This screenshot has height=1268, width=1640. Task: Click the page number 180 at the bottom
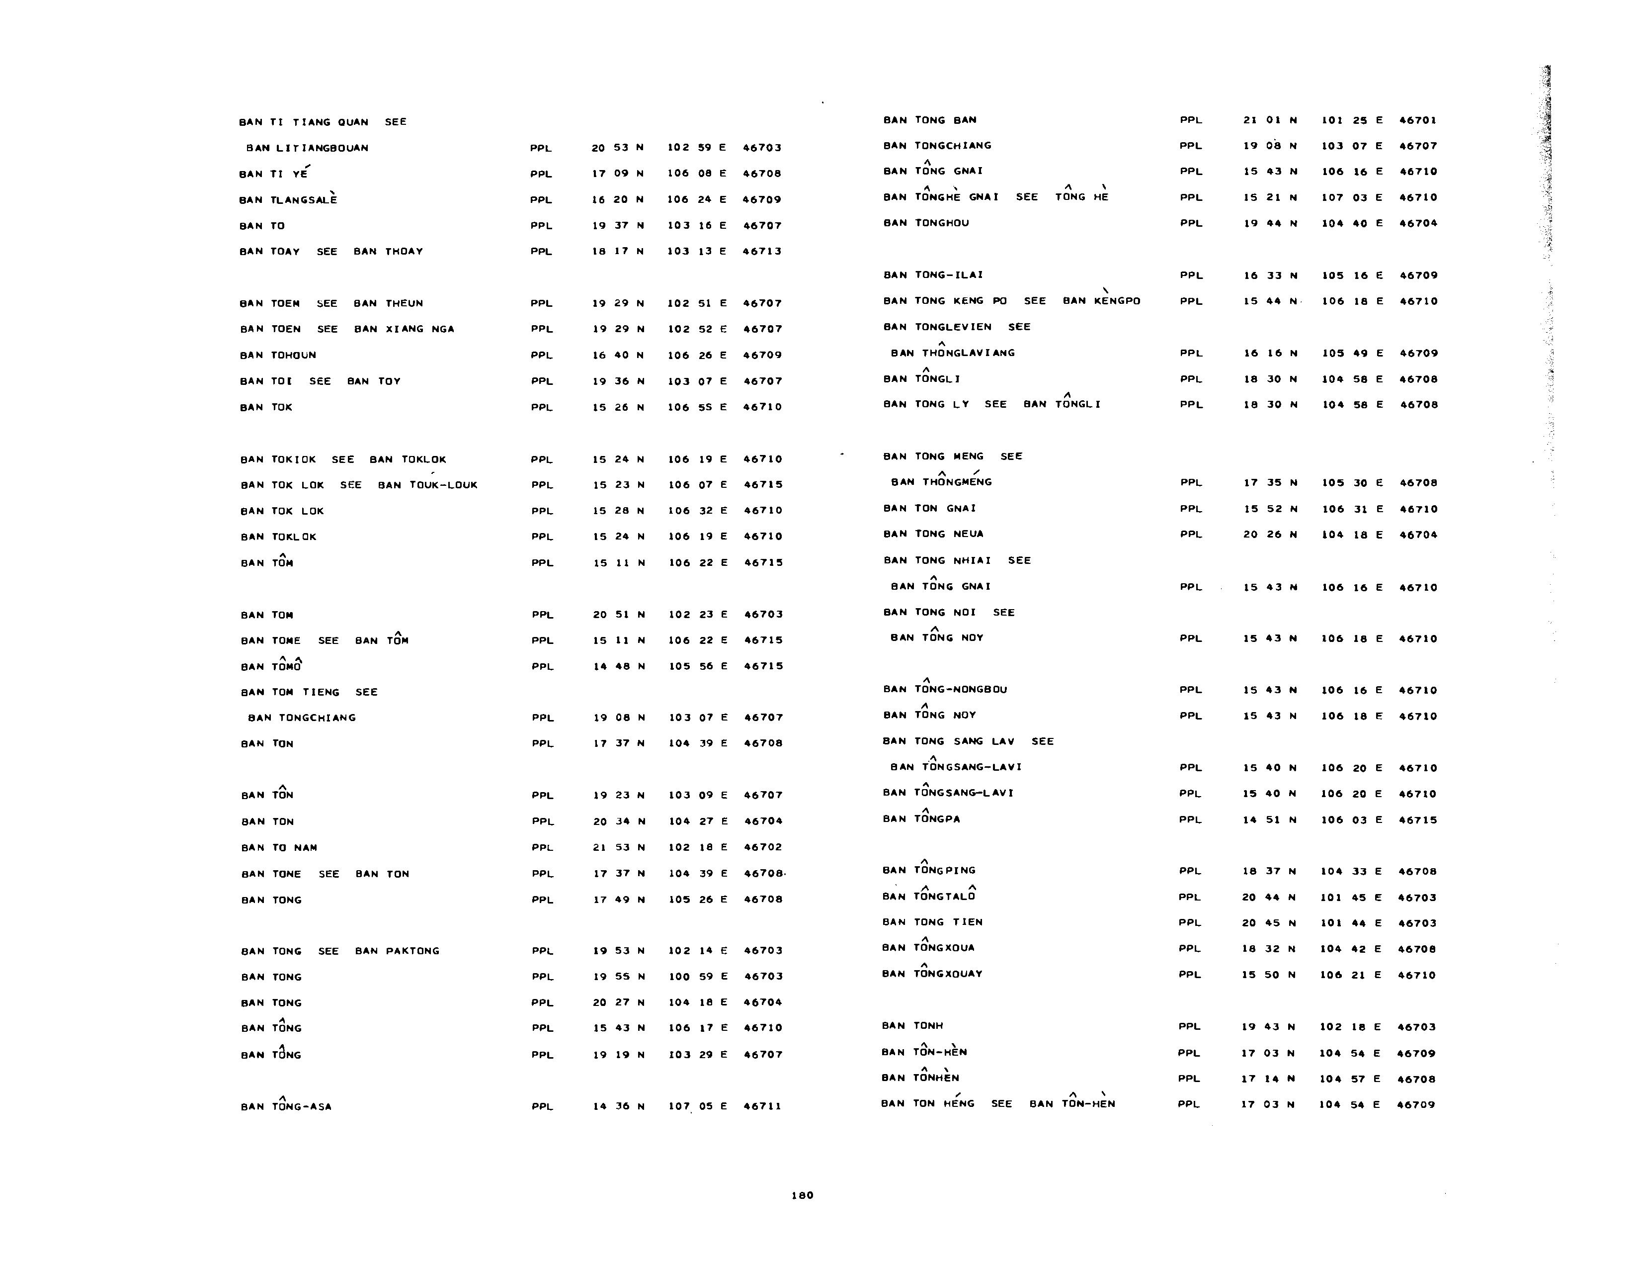(802, 1195)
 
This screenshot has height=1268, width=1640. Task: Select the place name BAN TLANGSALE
(288, 200)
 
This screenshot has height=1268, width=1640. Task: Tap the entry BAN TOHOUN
(278, 356)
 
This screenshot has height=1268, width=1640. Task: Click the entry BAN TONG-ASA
(286, 1106)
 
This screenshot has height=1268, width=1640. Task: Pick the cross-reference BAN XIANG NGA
(404, 329)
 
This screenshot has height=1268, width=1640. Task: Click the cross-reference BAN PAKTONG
(397, 951)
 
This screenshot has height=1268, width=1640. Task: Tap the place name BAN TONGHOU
(926, 223)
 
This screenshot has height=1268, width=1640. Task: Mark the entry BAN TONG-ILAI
(933, 275)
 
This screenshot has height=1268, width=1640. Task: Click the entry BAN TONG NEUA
(933, 534)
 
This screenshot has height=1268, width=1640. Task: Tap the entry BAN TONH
(912, 1026)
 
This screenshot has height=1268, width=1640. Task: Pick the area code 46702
(763, 847)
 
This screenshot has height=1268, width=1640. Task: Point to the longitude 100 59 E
(698, 977)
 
